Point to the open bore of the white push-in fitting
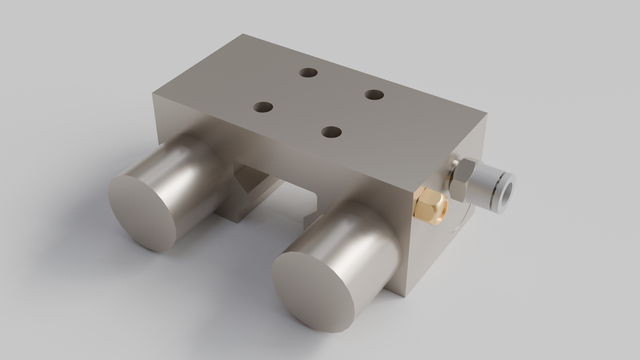click(x=507, y=187)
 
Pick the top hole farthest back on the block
click(x=309, y=73)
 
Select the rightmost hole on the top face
click(x=374, y=95)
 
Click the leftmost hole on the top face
click(x=264, y=106)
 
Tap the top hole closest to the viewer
click(x=332, y=131)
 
